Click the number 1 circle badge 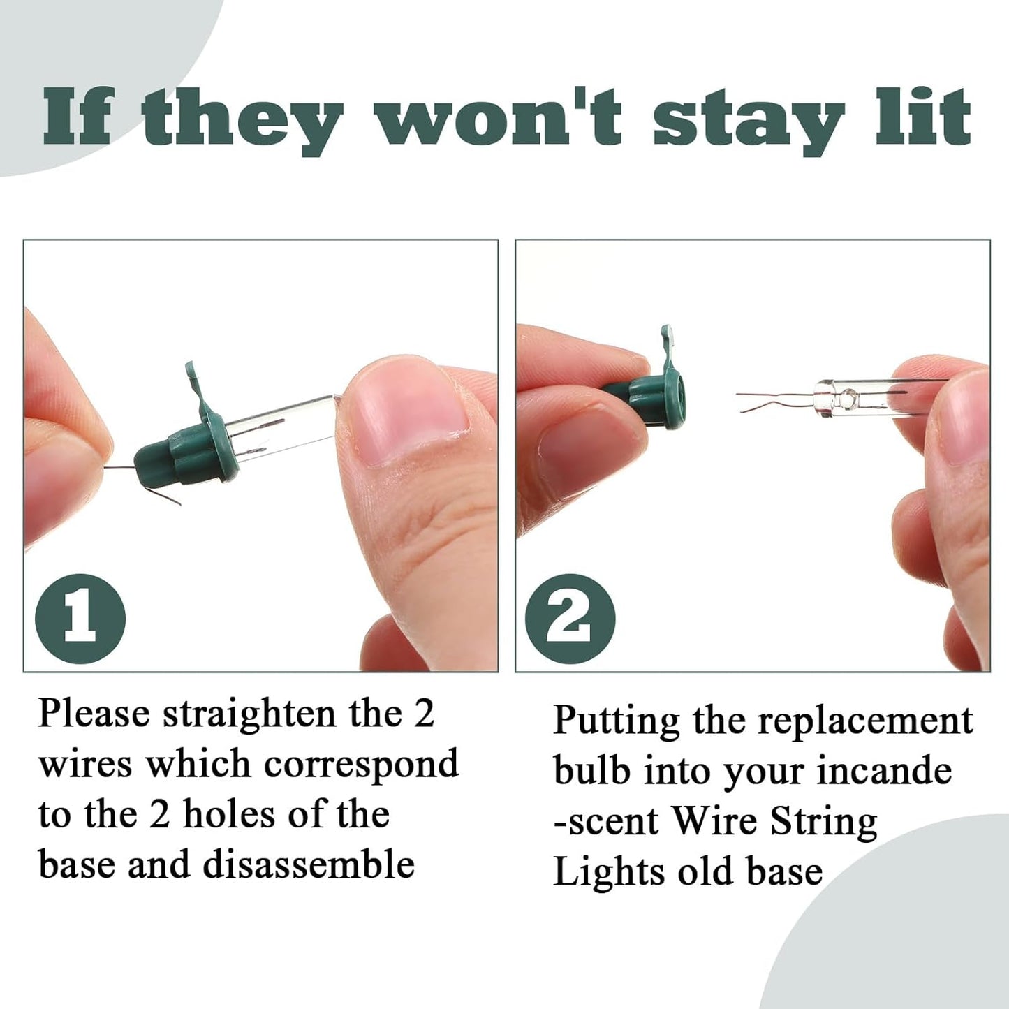coord(80,618)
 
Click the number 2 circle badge coord(570,618)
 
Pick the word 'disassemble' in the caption coord(309,864)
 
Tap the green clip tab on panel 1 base coord(196,388)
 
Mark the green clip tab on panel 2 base coord(667,346)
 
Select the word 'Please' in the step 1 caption coord(94,713)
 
